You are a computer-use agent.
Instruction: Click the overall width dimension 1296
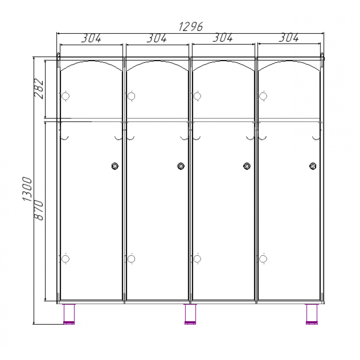190,27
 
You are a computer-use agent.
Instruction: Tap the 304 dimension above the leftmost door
91,38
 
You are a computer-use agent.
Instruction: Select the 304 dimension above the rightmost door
289,37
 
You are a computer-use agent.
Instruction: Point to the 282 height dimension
39,89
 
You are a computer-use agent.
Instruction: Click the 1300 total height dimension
27,189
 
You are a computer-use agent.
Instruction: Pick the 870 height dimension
39,210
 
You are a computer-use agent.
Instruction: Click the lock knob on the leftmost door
115,166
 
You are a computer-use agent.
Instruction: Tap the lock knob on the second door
181,166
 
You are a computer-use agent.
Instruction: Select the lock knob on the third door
247,166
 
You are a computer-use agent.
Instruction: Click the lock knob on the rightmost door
313,166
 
